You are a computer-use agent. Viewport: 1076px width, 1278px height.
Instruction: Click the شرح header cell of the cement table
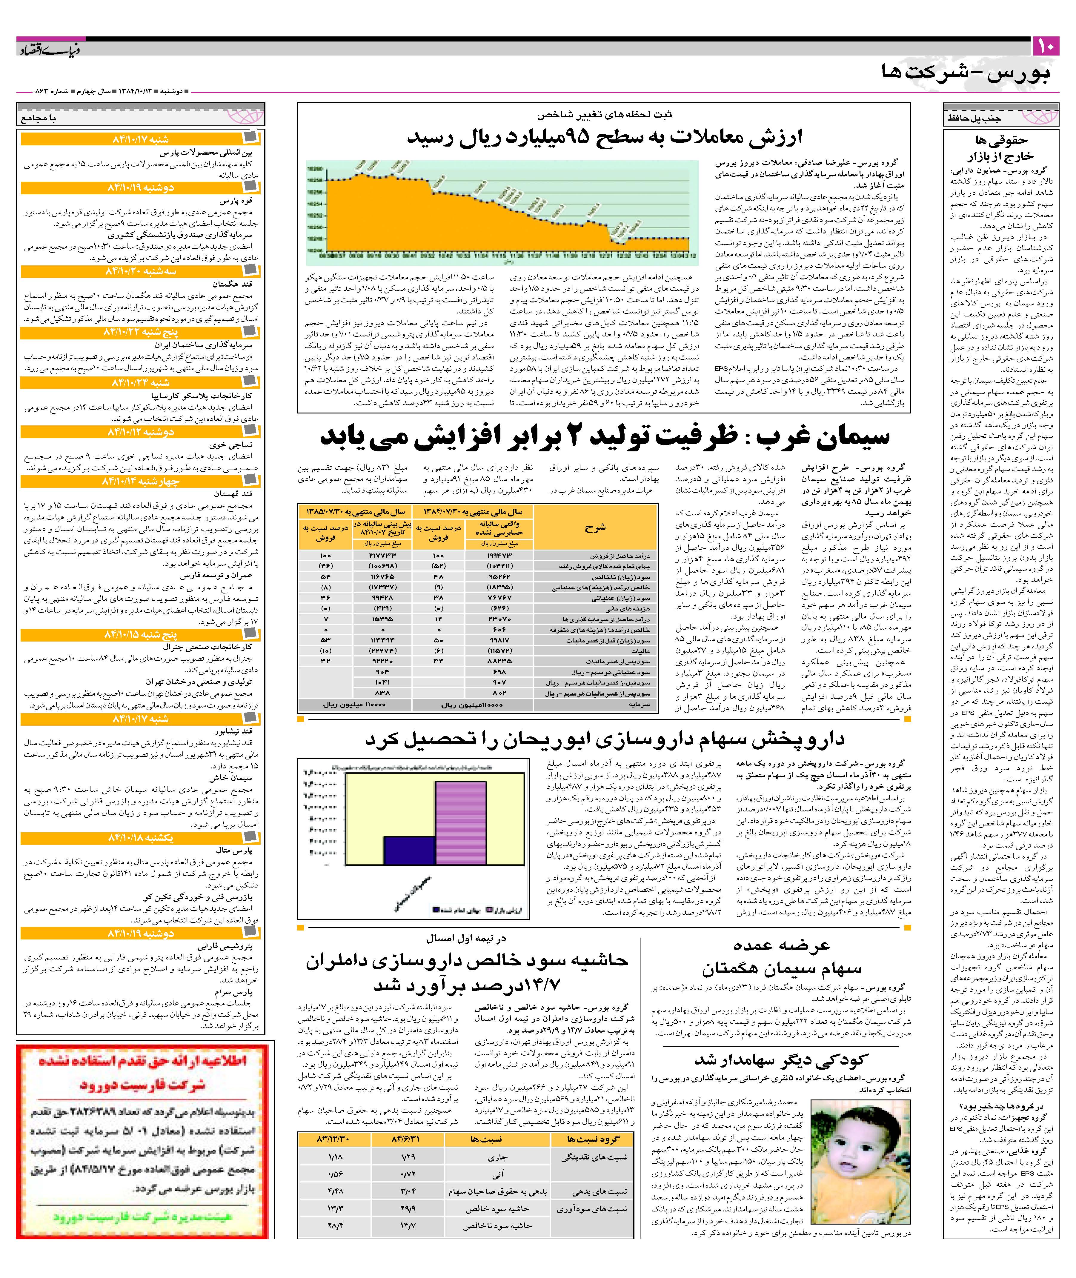pyautogui.click(x=595, y=528)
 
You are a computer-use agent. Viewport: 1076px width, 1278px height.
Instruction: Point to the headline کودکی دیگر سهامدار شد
pyautogui.click(x=781, y=1059)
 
